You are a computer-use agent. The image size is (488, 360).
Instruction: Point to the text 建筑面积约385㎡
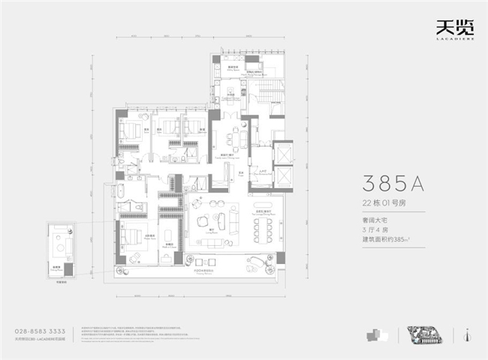tap(390, 239)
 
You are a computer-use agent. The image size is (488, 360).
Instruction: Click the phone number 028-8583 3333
tap(45, 331)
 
